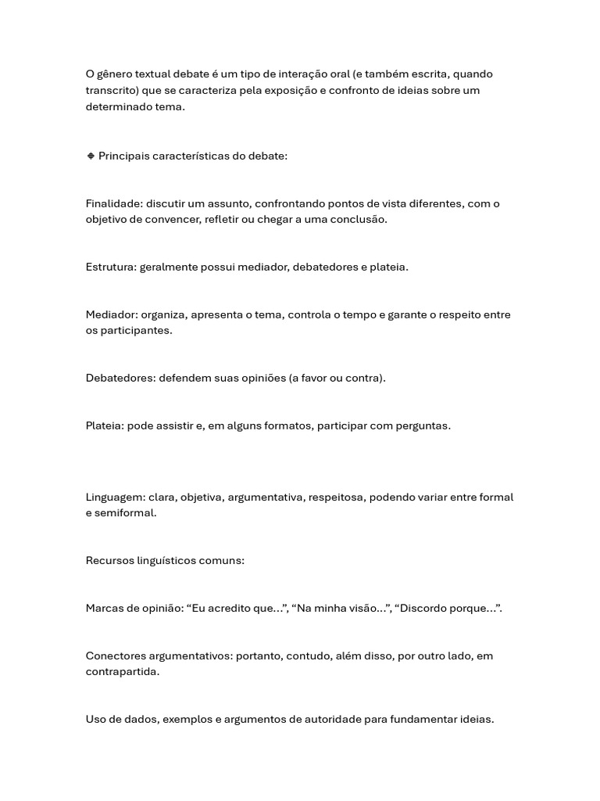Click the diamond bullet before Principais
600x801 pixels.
(x=91, y=156)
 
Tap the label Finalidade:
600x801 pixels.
(x=114, y=203)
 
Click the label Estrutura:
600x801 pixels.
(x=111, y=267)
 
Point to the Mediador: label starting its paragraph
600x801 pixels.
(x=112, y=314)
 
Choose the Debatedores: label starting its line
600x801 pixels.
(x=120, y=378)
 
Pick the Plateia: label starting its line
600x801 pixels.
(x=105, y=426)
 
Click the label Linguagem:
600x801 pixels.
(x=115, y=497)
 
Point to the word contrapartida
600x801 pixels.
(x=121, y=671)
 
